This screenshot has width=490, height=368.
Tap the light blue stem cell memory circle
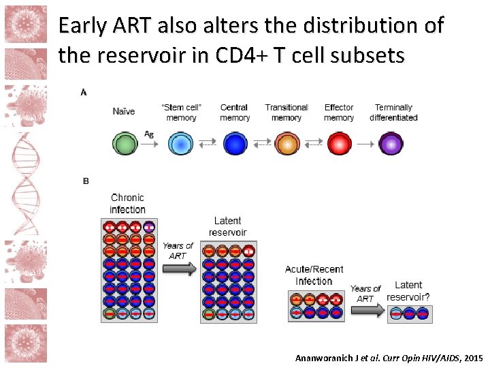pos(180,144)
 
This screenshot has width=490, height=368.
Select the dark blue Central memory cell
pos(235,144)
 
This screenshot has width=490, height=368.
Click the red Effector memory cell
pos(339,144)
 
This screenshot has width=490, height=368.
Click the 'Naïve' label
pos(124,111)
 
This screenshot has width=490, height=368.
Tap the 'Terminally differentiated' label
pos(393,112)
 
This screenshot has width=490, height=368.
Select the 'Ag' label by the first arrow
pos(149,134)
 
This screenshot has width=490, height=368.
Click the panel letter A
pos(84,92)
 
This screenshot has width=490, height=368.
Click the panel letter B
pos(85,181)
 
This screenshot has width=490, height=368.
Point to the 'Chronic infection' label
pos(127,203)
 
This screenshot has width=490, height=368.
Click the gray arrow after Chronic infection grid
pos(179,269)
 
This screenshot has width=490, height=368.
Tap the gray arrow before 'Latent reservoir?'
pos(367,311)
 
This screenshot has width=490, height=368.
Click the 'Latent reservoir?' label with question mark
pos(408,291)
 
